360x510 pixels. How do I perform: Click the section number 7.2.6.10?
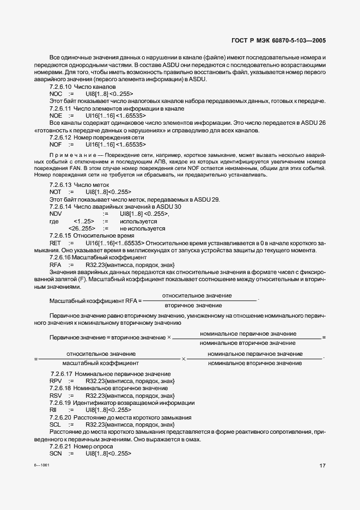click(60, 87)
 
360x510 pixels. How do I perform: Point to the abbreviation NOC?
click(56, 94)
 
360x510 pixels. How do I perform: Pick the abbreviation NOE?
click(56, 116)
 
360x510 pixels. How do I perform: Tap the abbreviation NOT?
click(56, 192)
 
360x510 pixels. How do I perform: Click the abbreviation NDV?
click(56, 214)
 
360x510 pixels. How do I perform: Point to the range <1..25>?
click(84, 222)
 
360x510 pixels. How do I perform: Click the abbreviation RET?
click(55, 243)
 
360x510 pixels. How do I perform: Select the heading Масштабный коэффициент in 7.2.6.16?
click(109, 257)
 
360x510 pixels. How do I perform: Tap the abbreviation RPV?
click(56, 381)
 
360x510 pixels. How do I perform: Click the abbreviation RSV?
click(56, 395)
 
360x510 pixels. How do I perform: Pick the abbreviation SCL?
click(55, 424)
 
